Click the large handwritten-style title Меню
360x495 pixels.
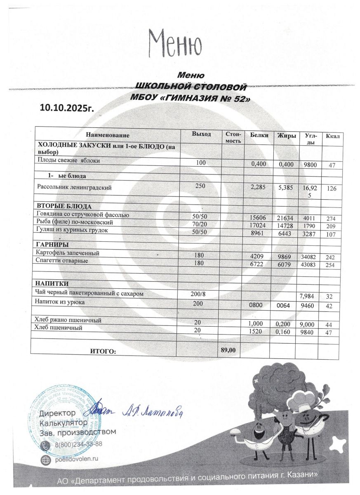[175, 43]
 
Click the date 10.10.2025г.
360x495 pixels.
[67, 108]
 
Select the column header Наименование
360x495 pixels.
[107, 135]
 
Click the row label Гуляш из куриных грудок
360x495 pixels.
[72, 230]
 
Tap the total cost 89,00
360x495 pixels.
[228, 350]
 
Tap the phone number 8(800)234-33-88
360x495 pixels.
[78, 444]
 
